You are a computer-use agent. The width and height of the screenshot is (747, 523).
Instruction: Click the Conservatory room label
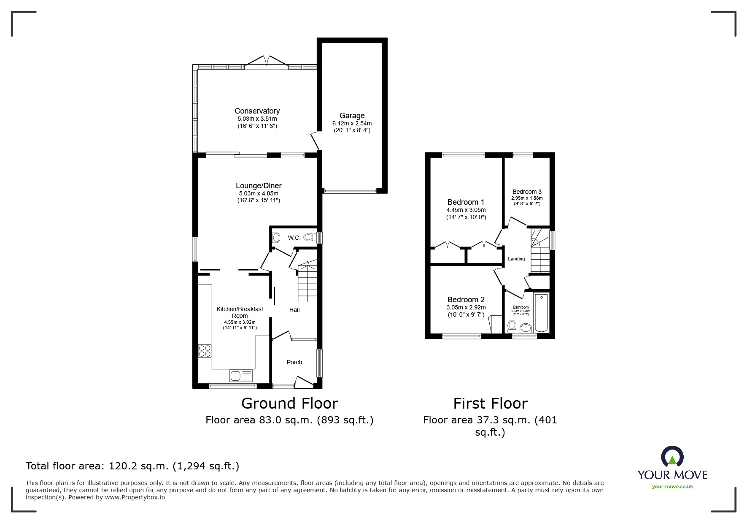pyautogui.click(x=257, y=111)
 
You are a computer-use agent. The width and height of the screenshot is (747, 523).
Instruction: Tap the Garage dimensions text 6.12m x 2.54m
pyautogui.click(x=352, y=123)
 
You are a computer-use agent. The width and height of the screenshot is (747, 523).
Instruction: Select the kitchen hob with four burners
pyautogui.click(x=205, y=351)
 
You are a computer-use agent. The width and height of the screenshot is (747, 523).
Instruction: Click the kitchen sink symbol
pyautogui.click(x=241, y=375)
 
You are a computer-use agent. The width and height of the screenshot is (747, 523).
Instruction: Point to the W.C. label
pyautogui.click(x=294, y=238)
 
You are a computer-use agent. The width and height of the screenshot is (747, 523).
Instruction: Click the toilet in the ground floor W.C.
pyautogui.click(x=310, y=237)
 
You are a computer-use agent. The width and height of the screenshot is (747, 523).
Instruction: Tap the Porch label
pyautogui.click(x=294, y=362)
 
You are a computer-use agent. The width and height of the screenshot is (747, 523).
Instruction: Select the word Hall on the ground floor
pyautogui.click(x=294, y=310)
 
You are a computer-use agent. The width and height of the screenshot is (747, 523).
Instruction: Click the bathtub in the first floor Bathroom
pyautogui.click(x=541, y=313)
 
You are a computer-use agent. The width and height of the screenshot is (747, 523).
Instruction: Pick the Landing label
pyautogui.click(x=516, y=259)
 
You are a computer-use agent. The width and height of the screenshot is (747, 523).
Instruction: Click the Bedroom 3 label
pyautogui.click(x=527, y=192)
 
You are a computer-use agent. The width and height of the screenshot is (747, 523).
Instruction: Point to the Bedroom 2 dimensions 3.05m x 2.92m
pyautogui.click(x=466, y=307)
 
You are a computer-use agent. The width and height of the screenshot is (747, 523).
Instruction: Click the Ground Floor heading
pyautogui.click(x=289, y=404)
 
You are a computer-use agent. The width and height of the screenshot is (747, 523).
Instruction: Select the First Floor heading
pyautogui.click(x=490, y=404)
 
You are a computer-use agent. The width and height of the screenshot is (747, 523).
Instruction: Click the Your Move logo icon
pyautogui.click(x=672, y=457)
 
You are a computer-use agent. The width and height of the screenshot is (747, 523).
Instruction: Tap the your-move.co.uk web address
pyautogui.click(x=672, y=487)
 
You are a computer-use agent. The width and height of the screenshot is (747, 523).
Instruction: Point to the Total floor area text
pyautogui.click(x=132, y=466)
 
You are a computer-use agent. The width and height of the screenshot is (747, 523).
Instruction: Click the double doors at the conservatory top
pyautogui.click(x=267, y=62)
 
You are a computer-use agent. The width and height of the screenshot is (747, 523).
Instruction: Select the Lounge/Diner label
pyautogui.click(x=258, y=186)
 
